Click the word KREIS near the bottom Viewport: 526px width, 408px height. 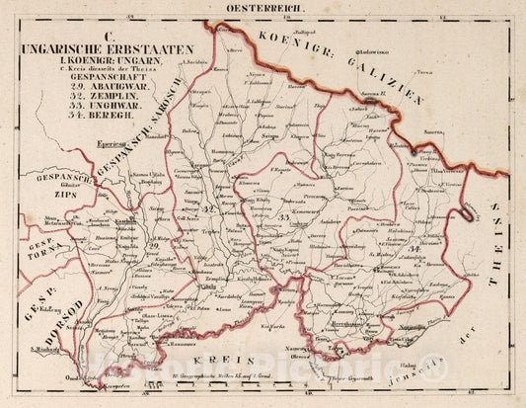236,362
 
